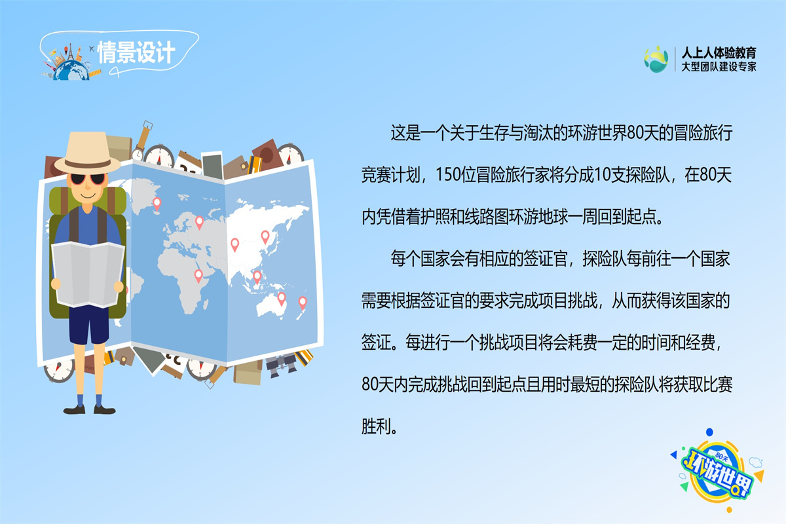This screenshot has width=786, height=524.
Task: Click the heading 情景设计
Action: (136, 52)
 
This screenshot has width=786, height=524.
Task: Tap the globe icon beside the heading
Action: (71, 69)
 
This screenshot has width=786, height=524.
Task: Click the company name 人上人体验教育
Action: (719, 52)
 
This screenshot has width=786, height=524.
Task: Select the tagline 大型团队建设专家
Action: (719, 67)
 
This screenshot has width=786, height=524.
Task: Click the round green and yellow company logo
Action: (656, 60)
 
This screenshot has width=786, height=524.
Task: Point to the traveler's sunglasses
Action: (88, 179)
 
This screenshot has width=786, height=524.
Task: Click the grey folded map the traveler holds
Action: (88, 274)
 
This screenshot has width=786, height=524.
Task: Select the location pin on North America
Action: (157, 204)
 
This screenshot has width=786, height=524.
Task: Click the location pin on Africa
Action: (198, 276)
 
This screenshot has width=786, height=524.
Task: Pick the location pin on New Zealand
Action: (303, 303)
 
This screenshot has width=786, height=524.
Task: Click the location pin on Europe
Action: (199, 223)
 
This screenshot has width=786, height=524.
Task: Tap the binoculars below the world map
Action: (282, 365)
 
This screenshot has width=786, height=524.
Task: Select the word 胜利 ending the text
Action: (376, 427)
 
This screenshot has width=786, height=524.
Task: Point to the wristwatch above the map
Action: (143, 140)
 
